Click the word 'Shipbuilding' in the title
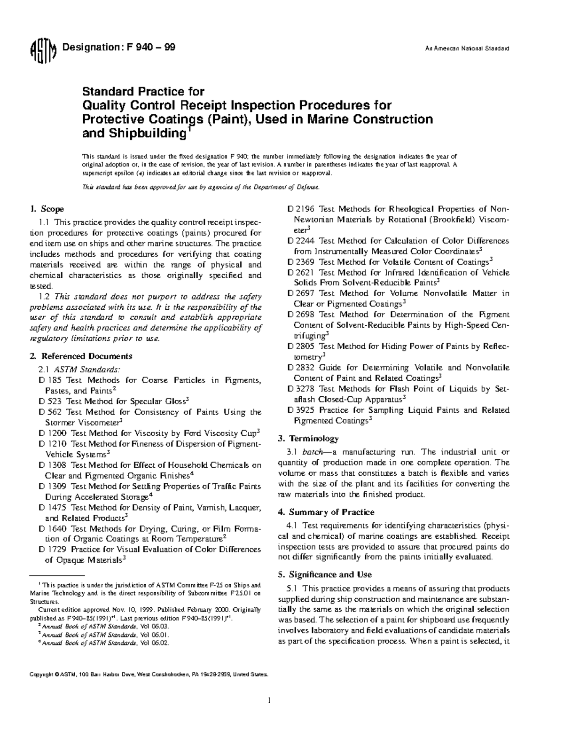134,133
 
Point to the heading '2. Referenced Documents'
80,356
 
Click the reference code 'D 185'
50,380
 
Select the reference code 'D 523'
50,401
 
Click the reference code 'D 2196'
301,209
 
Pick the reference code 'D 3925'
301,410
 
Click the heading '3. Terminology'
308,439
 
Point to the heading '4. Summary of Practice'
326,512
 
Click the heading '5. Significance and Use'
325,574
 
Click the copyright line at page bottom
149,674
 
